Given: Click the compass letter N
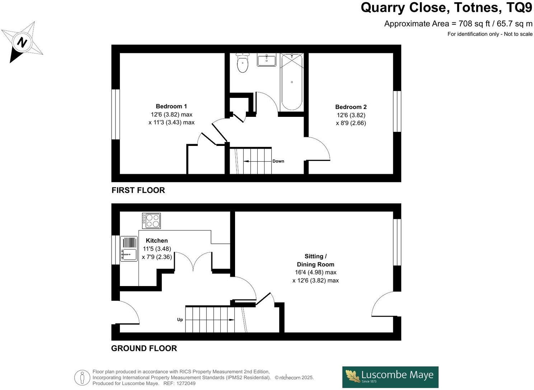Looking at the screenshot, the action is point(22,43).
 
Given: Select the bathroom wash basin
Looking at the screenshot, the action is point(267,60).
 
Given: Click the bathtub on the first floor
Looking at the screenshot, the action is point(292,82).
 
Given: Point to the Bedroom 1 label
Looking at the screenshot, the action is point(171,106).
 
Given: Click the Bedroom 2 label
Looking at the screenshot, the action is point(351,107).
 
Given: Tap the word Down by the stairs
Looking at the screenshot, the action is point(278,161).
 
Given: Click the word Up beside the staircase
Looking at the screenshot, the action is point(180,319).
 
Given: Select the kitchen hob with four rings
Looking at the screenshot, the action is point(151,220).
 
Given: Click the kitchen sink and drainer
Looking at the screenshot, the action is point(129,248).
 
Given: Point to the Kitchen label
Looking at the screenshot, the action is point(156,241).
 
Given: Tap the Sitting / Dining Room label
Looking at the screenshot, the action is point(315,260).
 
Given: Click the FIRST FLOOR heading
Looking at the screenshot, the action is point(138,190).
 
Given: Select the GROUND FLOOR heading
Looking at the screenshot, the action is point(144,348).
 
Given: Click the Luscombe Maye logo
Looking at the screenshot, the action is point(390,377).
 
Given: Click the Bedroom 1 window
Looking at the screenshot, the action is point(115,114).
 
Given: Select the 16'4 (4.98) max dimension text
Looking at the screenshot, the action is point(315,272).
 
